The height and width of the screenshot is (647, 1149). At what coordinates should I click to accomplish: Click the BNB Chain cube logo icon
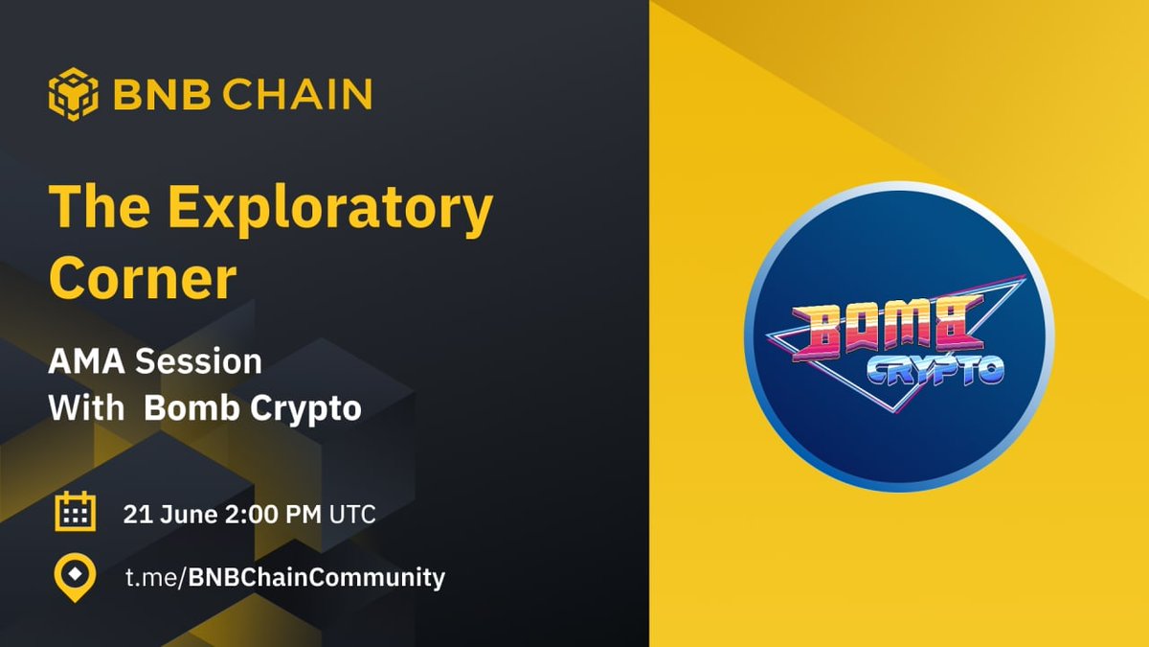click(x=74, y=94)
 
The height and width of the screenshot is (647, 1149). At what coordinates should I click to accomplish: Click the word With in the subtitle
click(x=86, y=409)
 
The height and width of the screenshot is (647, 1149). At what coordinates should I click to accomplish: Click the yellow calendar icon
click(x=74, y=513)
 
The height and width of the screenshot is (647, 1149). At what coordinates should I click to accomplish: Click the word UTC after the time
click(x=352, y=514)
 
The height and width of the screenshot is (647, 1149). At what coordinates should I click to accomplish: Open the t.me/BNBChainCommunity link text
click(x=284, y=578)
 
